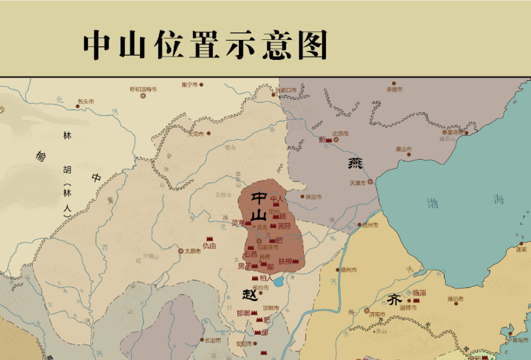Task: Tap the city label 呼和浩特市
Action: pos(143,89)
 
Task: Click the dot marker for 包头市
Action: pos(78,106)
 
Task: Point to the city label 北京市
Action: pos(340,133)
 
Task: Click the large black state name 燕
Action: pos(355,162)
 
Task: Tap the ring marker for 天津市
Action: pos(370,182)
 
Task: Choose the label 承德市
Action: pos(395,89)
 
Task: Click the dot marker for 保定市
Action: pos(303,196)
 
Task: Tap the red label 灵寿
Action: pos(237,223)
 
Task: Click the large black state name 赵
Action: pos(249,295)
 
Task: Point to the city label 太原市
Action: pos(192,251)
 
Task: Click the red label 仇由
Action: pos(209,246)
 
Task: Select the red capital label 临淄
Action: pos(419,293)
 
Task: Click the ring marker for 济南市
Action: pos(366,310)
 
